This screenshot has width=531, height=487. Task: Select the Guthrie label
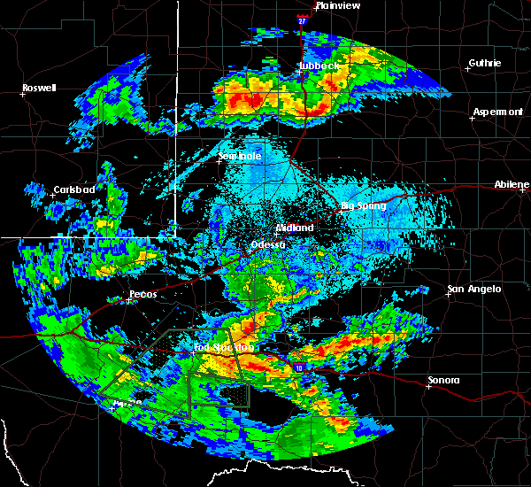[485, 63]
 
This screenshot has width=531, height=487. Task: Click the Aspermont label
[498, 112]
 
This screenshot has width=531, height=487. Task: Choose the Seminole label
[240, 157]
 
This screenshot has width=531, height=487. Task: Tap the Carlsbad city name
[74, 189]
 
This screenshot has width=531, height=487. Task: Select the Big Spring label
[364, 206]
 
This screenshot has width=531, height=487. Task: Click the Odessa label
[267, 244]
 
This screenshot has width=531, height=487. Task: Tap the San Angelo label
[474, 289]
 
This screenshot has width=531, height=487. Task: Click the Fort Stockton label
[223, 348]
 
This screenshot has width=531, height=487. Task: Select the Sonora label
[443, 380]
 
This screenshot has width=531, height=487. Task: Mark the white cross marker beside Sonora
[428, 386]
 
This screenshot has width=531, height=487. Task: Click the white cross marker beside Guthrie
[469, 68]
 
